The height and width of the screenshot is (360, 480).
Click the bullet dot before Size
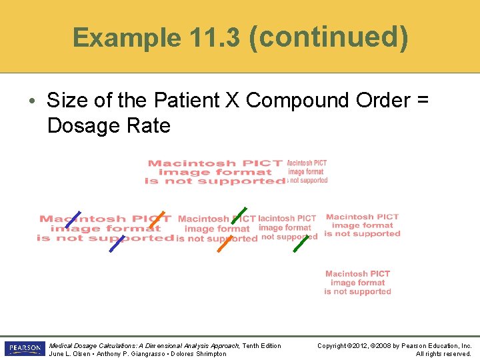tap(33, 101)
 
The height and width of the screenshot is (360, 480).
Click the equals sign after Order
tap(423, 101)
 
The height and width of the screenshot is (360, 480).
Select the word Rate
tap(151, 125)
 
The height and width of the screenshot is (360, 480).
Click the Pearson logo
tap(25, 349)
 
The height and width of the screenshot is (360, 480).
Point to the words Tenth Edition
tap(262, 345)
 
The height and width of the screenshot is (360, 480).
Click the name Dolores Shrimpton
tap(199, 354)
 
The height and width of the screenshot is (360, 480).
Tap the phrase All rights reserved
tap(443, 354)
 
